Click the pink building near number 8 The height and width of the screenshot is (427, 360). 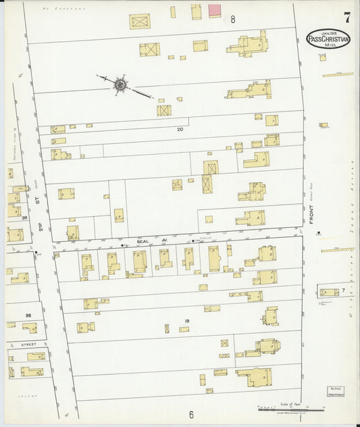[215, 11]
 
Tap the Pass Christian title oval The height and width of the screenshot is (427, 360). [328, 39]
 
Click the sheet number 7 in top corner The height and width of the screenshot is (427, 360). [346, 17]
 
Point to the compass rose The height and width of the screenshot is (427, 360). [120, 84]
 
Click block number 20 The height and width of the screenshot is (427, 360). [180, 128]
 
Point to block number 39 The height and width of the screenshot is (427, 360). [24, 218]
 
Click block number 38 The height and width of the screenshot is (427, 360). [28, 315]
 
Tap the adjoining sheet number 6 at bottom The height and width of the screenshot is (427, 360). [191, 414]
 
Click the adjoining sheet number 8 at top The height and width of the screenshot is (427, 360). [232, 20]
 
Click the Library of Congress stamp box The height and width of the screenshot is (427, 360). [336, 391]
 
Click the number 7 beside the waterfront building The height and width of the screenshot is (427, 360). [343, 290]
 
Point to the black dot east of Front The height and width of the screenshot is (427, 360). [318, 234]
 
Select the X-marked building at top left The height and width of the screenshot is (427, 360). [140, 22]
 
